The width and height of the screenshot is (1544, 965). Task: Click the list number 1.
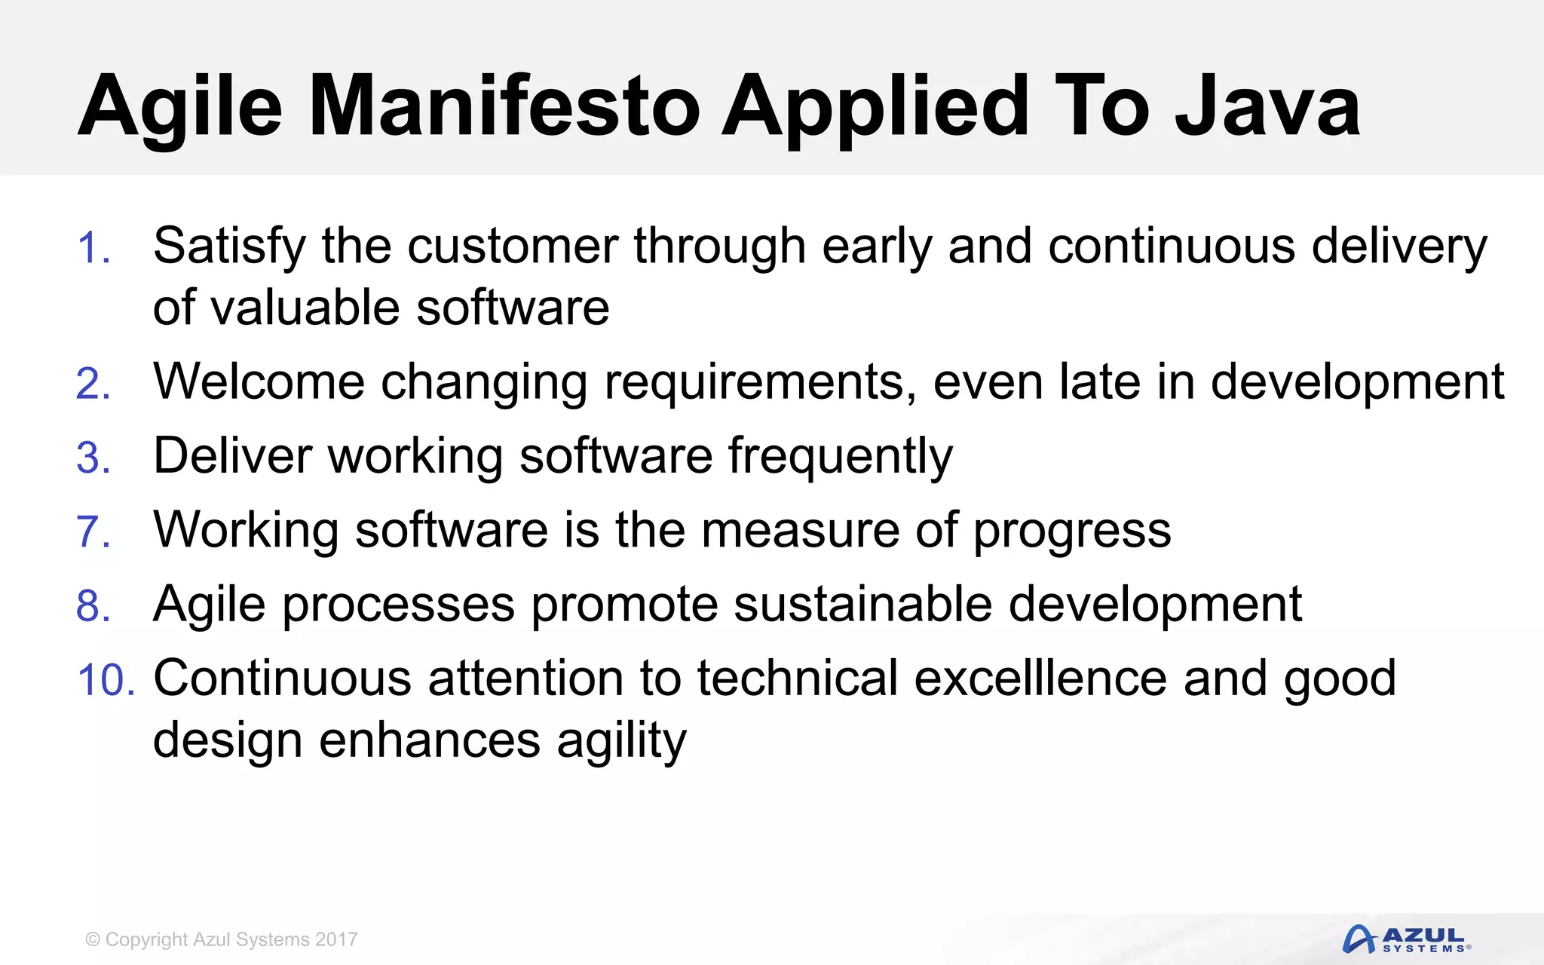pos(93,248)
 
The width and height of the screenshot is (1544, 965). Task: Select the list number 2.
pos(93,384)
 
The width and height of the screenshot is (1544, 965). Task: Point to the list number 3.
pos(93,458)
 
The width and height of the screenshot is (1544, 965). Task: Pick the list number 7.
pos(93,532)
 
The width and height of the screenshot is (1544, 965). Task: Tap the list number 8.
pos(93,605)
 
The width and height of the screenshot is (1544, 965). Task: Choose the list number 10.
pos(106,679)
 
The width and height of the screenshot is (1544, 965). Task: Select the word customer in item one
pos(512,247)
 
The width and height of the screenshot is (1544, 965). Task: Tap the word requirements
pos(760,382)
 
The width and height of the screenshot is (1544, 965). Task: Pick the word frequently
pos(840,458)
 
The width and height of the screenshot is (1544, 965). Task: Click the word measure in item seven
pos(799,530)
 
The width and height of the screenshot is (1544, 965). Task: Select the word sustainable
pos(862,604)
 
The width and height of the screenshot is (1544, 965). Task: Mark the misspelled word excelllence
pos(1040,678)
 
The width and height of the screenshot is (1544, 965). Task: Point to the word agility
pos(621,741)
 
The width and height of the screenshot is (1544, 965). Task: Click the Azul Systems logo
pos(1406,939)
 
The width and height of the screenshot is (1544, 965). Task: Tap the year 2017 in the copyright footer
pos(336,939)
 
